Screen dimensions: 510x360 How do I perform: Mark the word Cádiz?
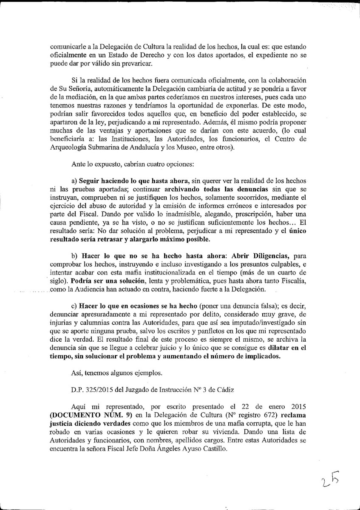pos(224,389)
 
